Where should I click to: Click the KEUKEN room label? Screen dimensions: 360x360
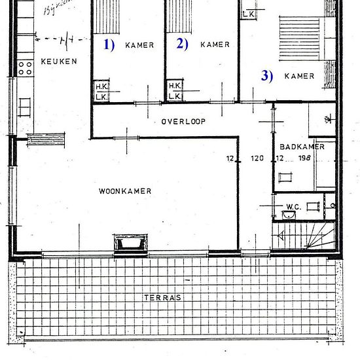(x=58, y=62)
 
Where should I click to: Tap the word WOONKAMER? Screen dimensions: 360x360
(x=125, y=192)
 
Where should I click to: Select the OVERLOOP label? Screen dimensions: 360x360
(x=183, y=122)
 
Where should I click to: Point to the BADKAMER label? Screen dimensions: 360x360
(x=301, y=147)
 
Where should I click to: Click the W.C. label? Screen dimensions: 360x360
(x=292, y=208)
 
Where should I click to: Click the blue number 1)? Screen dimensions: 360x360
(x=109, y=45)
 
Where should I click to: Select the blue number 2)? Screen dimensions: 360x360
(x=181, y=45)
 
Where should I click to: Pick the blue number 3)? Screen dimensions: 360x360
(x=266, y=75)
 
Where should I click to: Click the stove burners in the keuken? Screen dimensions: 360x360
(x=26, y=67)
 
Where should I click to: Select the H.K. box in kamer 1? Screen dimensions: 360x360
(x=101, y=86)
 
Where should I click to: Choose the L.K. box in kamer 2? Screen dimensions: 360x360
(x=174, y=96)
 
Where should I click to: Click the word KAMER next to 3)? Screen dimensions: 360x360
(x=299, y=76)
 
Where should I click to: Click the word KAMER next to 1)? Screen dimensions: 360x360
(x=139, y=45)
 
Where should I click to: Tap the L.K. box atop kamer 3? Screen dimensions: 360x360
(x=249, y=13)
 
